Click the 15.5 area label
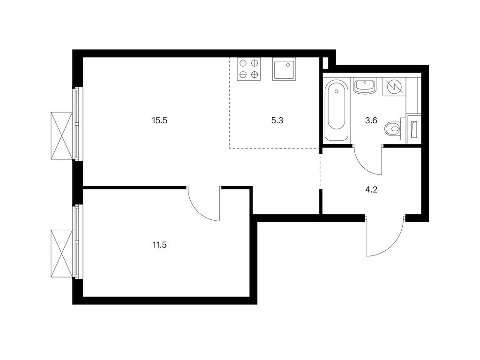(x=159, y=120)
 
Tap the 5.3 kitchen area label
(x=277, y=120)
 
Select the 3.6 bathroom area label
(x=371, y=120)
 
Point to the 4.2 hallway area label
(x=371, y=190)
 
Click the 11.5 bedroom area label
(x=159, y=245)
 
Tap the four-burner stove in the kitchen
(x=249, y=69)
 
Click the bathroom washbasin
(x=365, y=86)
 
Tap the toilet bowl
(x=393, y=130)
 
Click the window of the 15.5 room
(x=79, y=124)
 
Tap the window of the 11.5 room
(x=79, y=241)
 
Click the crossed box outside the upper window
(x=61, y=135)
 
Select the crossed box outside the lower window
(x=61, y=254)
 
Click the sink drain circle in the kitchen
(x=288, y=65)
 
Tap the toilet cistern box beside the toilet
(x=413, y=129)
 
